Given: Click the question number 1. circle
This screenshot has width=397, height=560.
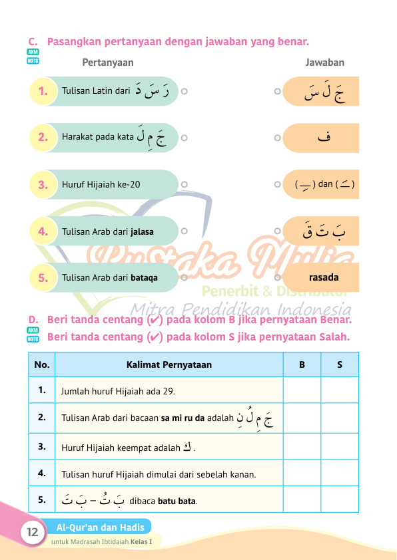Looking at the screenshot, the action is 43,91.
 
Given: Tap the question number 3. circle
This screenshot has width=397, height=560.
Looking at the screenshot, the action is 43,185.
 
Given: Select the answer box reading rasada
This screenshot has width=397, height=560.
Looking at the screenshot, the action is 324,277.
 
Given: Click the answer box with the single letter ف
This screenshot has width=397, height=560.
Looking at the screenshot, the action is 324,138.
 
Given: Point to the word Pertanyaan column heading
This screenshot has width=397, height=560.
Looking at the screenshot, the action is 108,63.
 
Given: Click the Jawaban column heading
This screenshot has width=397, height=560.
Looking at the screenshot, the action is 324,63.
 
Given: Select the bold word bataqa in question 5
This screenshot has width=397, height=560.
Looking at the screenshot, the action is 145,278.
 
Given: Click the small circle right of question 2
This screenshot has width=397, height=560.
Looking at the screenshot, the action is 184,138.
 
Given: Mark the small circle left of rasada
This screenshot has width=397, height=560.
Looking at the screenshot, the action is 277,277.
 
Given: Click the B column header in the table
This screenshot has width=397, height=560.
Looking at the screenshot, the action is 302,364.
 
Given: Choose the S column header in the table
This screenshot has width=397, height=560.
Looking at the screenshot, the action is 339,364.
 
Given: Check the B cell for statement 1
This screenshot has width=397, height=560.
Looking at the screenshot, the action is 302,390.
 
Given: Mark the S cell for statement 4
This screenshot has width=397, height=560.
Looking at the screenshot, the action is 339,474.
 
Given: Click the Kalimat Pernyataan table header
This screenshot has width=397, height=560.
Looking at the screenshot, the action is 169,364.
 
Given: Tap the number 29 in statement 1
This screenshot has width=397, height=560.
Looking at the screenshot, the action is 169,391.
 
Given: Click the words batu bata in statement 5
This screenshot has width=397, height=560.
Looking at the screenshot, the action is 178,501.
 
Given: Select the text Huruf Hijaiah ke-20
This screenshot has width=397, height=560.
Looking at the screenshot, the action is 101,185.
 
